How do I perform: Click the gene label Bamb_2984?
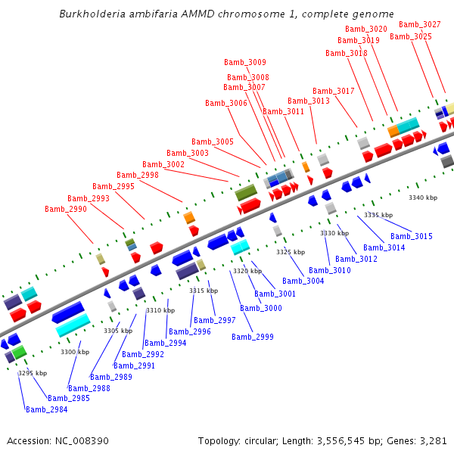(46, 409)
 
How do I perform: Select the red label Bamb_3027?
(419, 24)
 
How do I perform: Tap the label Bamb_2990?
(66, 209)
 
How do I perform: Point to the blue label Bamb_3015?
(412, 237)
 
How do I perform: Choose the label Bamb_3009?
(245, 62)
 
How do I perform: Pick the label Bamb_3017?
(334, 91)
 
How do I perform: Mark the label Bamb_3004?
(303, 281)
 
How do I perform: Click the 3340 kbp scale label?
(423, 197)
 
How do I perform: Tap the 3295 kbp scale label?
(33, 373)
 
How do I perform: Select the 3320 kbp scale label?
(247, 271)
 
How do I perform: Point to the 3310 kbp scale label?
(160, 310)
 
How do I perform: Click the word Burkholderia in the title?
(93, 14)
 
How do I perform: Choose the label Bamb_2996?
(190, 331)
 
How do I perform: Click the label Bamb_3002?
(163, 164)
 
